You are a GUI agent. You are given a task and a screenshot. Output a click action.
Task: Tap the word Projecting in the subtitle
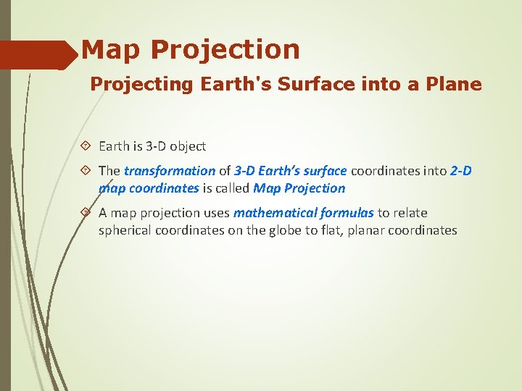tap(132, 85)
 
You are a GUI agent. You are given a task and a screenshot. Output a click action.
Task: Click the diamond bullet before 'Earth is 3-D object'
tap(86, 146)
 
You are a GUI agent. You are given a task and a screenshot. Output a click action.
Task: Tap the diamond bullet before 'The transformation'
tap(86, 171)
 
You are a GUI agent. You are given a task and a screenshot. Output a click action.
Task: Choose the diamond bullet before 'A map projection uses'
tap(86, 213)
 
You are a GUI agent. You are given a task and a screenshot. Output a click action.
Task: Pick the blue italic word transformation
tap(170, 171)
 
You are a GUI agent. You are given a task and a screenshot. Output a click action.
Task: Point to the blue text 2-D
tap(460, 171)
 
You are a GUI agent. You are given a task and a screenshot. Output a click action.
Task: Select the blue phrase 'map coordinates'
tap(149, 188)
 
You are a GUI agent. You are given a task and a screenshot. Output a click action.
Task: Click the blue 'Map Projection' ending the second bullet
tap(299, 188)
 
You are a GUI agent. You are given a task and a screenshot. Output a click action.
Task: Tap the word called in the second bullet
tap(232, 188)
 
